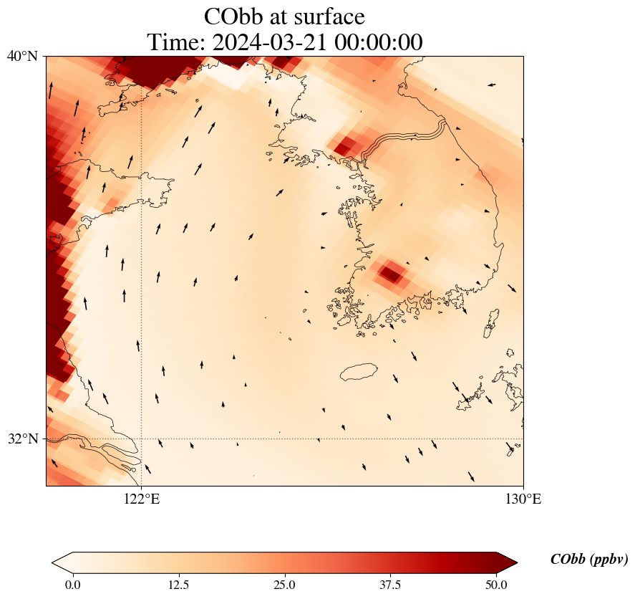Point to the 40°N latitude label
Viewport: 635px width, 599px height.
pos(23,56)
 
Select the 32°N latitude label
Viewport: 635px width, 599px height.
pos(23,439)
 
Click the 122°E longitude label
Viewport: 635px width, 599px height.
pos(141,499)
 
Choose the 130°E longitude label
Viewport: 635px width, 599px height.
pos(523,499)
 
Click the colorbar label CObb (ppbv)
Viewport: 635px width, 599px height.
pos(589,560)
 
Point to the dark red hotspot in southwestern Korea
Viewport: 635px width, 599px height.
pos(391,272)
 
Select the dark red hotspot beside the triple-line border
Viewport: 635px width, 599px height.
pos(344,147)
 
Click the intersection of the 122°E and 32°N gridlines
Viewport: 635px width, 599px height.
pos(141,439)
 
